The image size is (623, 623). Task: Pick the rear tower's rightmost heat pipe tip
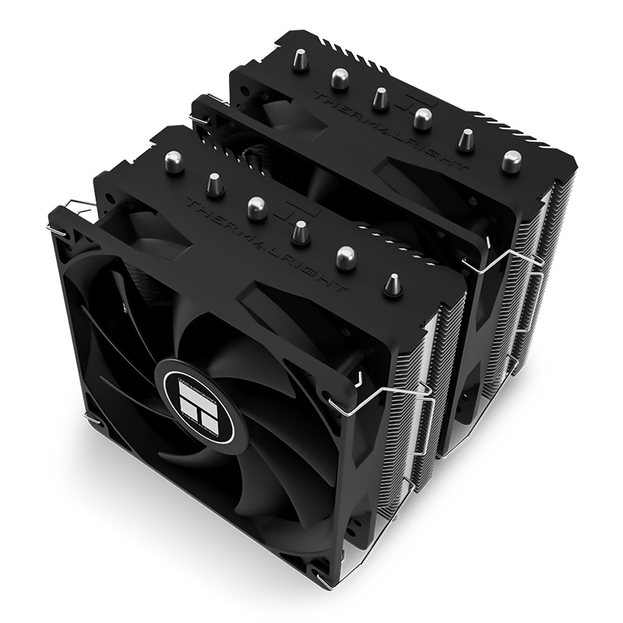pyautogui.click(x=511, y=160)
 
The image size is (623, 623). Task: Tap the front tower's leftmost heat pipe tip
pyautogui.click(x=174, y=162)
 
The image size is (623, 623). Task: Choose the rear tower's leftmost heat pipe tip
pyautogui.click(x=300, y=60)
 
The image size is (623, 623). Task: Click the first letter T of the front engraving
pyautogui.click(x=190, y=204)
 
